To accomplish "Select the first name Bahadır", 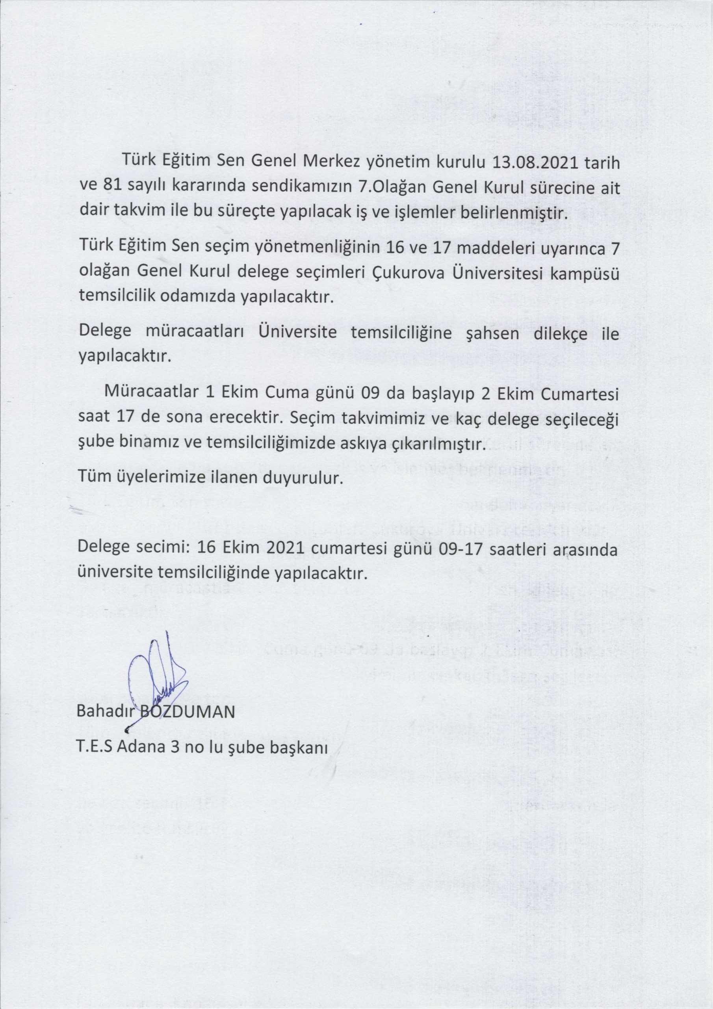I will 104,712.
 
